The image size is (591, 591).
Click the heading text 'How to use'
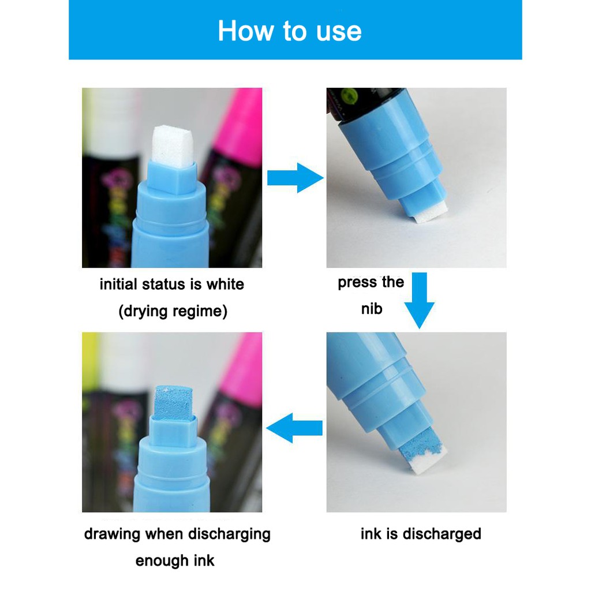(290, 31)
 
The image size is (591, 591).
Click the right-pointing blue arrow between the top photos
(295, 178)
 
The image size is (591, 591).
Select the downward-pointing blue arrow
(420, 300)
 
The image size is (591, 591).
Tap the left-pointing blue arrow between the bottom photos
(294, 428)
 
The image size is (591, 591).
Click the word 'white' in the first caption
(225, 284)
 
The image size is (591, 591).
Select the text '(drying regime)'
(173, 311)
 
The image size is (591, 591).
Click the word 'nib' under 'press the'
(372, 309)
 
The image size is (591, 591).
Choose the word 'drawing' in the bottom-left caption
(112, 534)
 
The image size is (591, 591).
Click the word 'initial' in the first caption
(118, 284)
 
